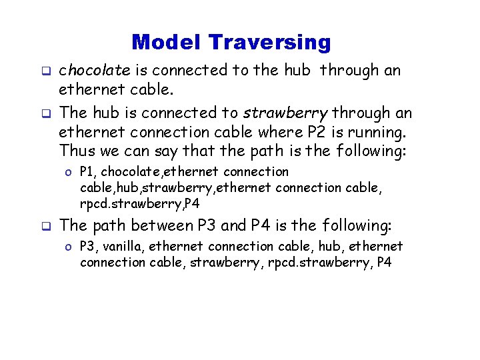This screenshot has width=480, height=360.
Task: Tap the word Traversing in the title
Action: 269,43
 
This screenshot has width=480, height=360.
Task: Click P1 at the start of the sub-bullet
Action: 87,172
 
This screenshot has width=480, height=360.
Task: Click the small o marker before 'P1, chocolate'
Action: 69,173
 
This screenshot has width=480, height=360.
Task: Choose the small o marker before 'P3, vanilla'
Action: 69,247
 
